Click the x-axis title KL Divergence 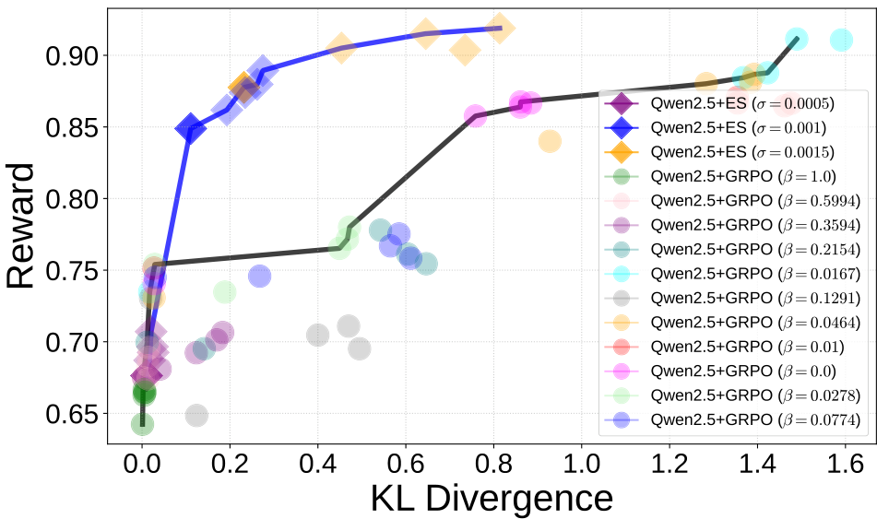pos(491,498)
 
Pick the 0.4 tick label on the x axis pos(317,461)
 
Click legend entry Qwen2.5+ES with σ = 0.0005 pos(729,102)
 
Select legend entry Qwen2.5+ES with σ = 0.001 pos(729,126)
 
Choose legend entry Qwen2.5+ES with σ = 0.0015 pos(729,151)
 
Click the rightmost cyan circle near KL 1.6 pos(841,40)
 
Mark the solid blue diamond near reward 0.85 pos(191,128)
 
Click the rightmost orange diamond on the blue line pos(500,28)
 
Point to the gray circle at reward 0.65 pos(196,415)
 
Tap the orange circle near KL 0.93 pos(550,141)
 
